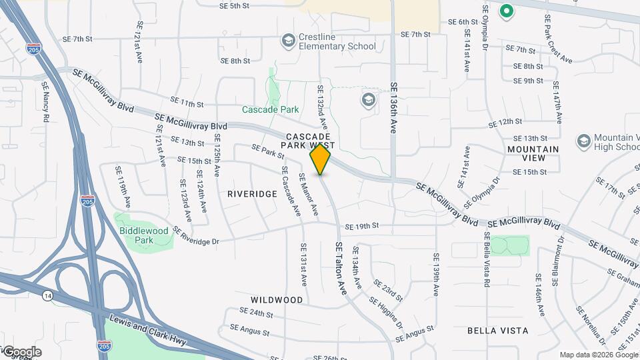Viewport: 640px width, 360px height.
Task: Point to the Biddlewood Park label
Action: pyautogui.click(x=143, y=235)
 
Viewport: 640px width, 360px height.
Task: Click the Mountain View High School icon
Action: pyautogui.click(x=584, y=141)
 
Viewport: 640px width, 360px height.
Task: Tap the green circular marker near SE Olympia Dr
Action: pyautogui.click(x=507, y=11)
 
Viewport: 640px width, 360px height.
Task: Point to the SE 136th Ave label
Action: pyautogui.click(x=394, y=110)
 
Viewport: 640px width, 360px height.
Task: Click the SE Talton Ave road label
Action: pyautogui.click(x=341, y=269)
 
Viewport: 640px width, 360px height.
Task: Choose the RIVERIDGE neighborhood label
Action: pyautogui.click(x=252, y=194)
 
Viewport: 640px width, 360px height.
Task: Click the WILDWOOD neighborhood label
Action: pyautogui.click(x=277, y=300)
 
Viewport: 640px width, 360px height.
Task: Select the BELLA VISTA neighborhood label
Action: pyautogui.click(x=497, y=331)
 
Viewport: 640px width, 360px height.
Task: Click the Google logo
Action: pyautogui.click(x=21, y=352)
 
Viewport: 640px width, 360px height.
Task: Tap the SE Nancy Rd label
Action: pyautogui.click(x=46, y=102)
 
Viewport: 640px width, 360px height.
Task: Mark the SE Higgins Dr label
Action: pyautogui.click(x=389, y=307)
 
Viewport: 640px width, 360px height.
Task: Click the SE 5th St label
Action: pyautogui.click(x=234, y=5)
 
